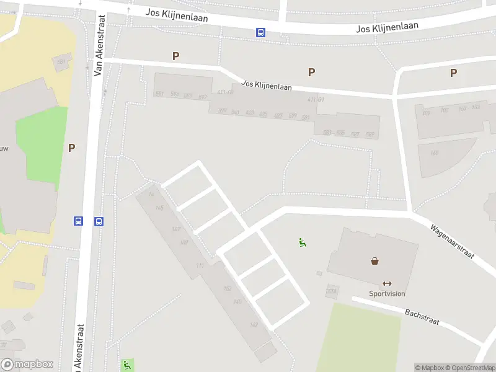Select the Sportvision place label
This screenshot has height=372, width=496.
(387, 293)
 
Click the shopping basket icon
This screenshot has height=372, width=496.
(375, 261)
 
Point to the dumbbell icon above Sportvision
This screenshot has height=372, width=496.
(387, 283)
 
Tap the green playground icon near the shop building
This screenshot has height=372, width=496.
(303, 243)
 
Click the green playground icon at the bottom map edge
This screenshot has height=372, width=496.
(127, 365)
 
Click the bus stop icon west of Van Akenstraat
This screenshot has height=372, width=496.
(79, 221)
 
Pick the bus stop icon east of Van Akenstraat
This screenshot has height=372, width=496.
(99, 221)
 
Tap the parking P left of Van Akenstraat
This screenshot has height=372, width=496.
(71, 148)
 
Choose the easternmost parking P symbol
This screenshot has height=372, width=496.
(453, 73)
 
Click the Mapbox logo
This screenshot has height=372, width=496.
(27, 365)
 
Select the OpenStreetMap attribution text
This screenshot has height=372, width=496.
(471, 368)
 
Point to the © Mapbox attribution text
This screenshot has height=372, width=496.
(429, 368)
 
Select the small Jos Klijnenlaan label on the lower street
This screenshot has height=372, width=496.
(267, 86)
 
